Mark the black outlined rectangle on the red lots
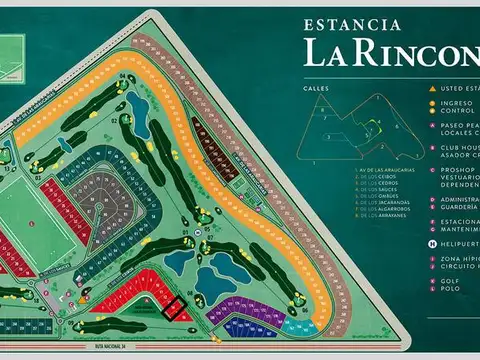pos(175,309)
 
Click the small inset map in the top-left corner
pos(15,46)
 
